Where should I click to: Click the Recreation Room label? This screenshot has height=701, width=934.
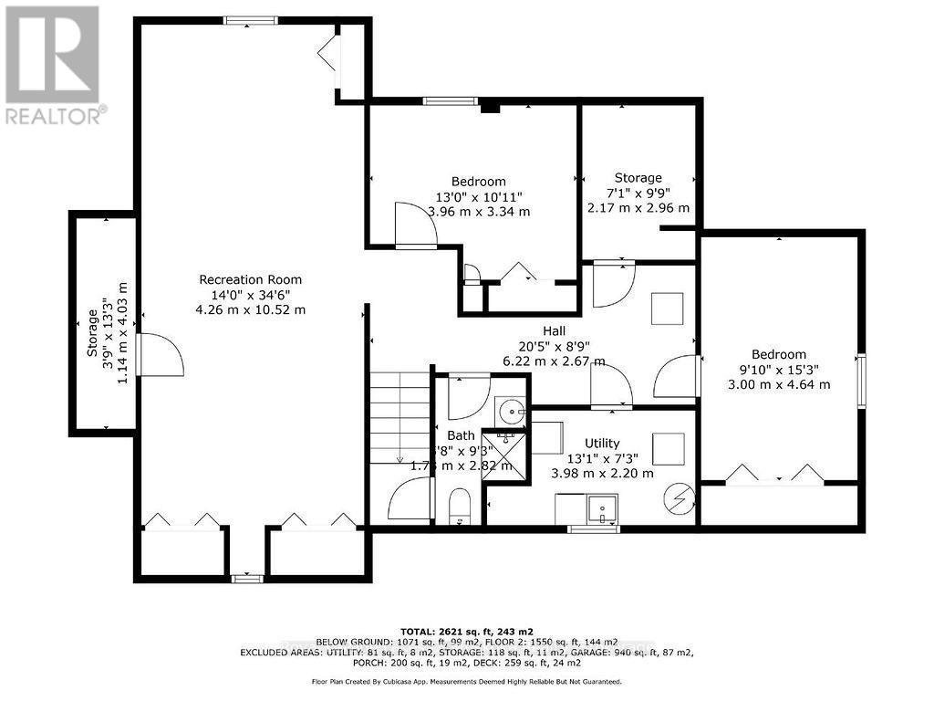(251, 279)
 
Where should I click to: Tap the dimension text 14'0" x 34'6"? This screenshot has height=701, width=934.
(251, 295)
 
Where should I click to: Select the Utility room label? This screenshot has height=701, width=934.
(602, 443)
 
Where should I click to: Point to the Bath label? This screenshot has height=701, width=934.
(461, 435)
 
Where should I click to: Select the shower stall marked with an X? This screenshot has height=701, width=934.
(504, 452)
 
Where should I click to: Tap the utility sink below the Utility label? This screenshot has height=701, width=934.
(602, 508)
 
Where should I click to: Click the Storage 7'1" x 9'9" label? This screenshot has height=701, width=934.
(638, 178)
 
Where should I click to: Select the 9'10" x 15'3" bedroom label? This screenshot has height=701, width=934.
(779, 354)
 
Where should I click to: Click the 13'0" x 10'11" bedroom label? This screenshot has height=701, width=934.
(479, 182)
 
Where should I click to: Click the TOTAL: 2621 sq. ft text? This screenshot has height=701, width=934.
(467, 631)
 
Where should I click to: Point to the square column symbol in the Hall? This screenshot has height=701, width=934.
(667, 308)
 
